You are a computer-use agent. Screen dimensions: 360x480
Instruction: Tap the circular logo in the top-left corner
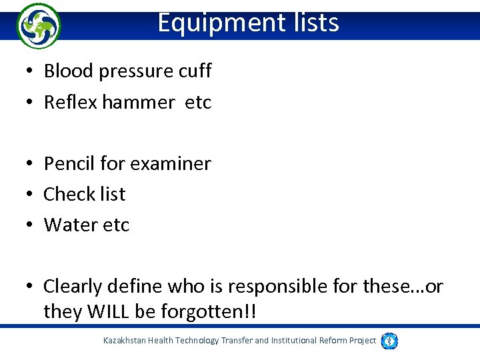point(38,25)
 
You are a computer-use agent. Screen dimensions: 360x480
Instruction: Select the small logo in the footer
point(389,341)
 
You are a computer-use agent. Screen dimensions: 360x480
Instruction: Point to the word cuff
point(195,71)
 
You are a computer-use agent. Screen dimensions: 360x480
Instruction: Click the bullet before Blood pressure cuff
point(31,71)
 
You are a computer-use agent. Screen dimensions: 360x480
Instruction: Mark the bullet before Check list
point(31,195)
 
